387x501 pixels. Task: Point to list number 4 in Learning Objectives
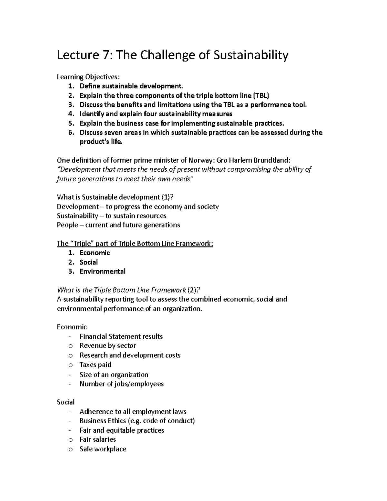(x=71, y=114)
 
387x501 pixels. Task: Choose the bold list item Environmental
(x=103, y=271)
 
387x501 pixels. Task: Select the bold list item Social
(x=89, y=262)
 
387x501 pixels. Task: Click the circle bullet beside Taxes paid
(x=71, y=365)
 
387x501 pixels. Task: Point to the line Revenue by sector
(x=108, y=346)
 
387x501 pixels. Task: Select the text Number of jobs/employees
(x=122, y=384)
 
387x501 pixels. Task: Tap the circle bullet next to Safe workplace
(x=71, y=449)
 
